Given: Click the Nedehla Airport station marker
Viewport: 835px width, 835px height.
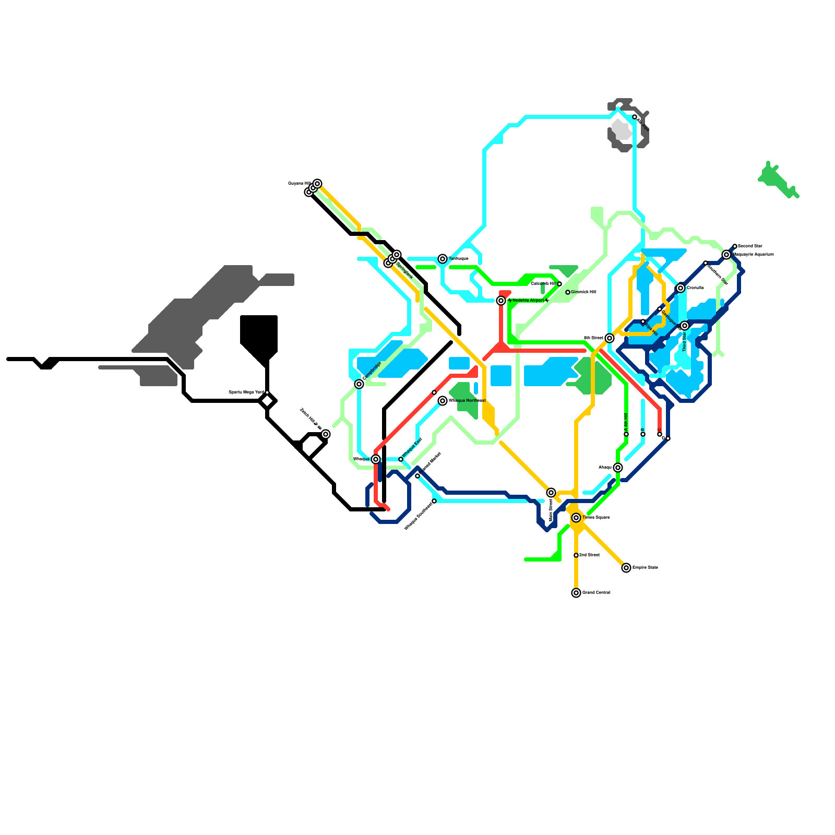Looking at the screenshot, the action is point(501,301).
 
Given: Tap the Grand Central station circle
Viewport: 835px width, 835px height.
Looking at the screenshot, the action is point(576,593).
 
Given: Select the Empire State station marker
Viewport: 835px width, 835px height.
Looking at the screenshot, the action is point(626,568).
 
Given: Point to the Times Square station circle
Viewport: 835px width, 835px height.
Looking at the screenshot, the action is point(576,518).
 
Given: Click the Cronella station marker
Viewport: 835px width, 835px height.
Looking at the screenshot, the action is point(681,288).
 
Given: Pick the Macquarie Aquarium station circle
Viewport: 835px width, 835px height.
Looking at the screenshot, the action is point(726,255).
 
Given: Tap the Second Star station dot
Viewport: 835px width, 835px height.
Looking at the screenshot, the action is point(735,246).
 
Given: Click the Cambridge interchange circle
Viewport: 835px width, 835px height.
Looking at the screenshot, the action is point(359,384).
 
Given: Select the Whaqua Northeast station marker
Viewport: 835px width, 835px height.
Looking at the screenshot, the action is point(443,401).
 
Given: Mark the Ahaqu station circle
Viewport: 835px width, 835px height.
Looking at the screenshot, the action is point(618,468).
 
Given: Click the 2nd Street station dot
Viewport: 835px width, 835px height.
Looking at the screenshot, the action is point(576,555).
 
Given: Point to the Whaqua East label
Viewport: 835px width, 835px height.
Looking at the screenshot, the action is point(412,448).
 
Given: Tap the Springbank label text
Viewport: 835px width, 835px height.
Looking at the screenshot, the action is point(404,270).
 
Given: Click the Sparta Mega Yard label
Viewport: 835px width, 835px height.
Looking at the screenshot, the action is point(246,392).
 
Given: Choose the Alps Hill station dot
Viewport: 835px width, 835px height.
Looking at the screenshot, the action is point(643,321).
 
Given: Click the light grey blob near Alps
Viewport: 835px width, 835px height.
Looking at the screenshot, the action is point(622,129).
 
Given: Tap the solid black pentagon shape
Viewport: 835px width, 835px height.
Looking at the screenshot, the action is point(259,337).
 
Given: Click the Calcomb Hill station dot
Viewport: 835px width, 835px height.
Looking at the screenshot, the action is point(559,284).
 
